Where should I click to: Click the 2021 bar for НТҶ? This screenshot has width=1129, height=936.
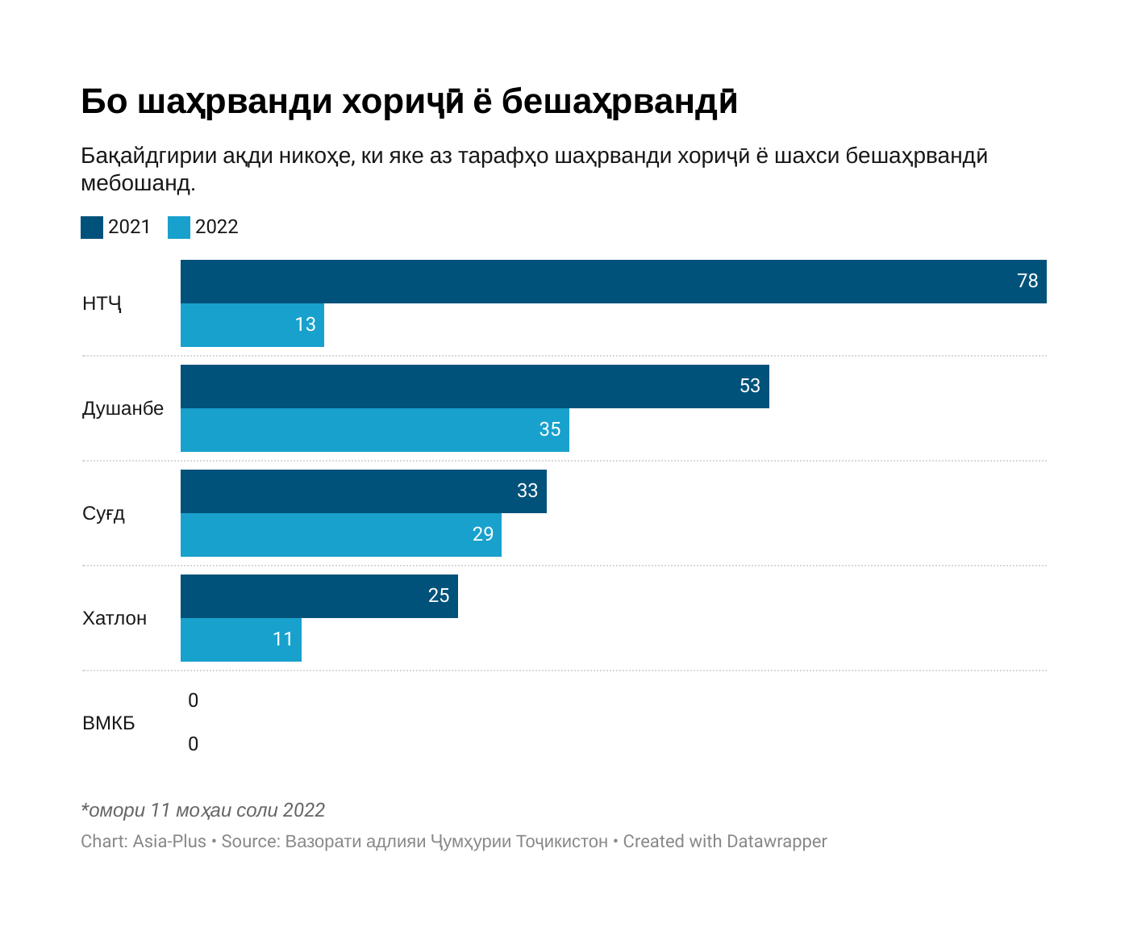tap(613, 282)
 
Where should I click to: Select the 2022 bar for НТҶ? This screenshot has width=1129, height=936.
tap(252, 325)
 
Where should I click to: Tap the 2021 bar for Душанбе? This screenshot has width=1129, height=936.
tap(474, 387)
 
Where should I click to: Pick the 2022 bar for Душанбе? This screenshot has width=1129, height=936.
tap(374, 430)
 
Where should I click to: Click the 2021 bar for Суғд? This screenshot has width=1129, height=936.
tap(363, 491)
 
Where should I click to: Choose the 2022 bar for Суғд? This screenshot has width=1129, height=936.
tap(340, 535)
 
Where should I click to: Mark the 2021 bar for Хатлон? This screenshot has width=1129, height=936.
tap(319, 596)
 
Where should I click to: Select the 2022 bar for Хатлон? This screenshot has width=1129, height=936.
tap(240, 640)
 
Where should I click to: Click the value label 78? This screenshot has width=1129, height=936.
tap(1027, 281)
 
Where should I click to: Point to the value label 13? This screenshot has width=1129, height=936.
tap(305, 324)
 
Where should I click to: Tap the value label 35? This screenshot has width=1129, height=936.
tap(550, 429)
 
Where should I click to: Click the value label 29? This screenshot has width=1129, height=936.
tap(482, 534)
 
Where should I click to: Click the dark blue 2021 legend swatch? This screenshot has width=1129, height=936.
tap(92, 228)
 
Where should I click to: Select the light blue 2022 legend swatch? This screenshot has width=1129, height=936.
tap(179, 228)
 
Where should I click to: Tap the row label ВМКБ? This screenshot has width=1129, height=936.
tap(109, 723)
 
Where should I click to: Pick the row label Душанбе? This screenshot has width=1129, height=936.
tap(123, 408)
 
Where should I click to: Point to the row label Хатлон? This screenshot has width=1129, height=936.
tap(115, 618)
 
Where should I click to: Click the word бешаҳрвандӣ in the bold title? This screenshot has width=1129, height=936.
tap(619, 102)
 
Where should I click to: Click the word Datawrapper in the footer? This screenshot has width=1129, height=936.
tap(777, 842)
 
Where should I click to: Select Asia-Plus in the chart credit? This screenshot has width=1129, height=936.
tap(169, 842)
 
